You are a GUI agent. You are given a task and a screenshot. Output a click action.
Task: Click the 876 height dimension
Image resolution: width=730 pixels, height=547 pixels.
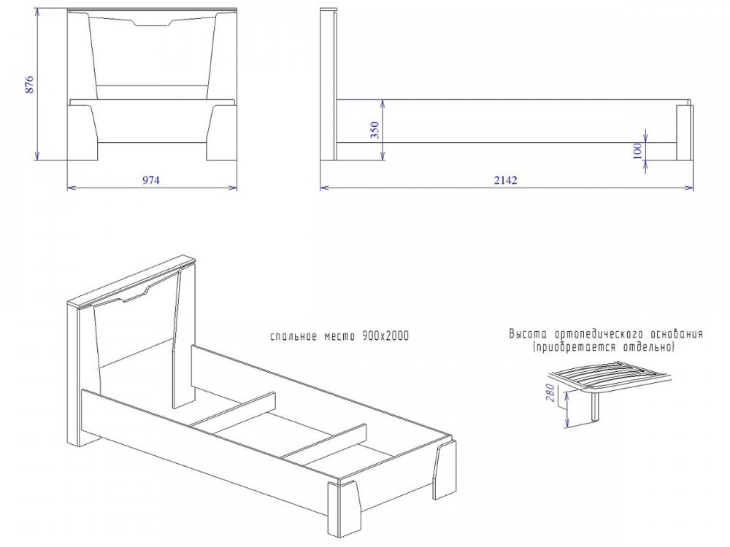point(29,84)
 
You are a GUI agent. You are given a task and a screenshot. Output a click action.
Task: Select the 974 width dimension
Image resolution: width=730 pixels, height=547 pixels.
point(151,180)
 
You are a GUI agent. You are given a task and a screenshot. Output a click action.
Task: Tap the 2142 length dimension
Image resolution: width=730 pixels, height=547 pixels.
point(506,180)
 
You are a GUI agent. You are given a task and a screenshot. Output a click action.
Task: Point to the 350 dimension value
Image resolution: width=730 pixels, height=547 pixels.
point(374,130)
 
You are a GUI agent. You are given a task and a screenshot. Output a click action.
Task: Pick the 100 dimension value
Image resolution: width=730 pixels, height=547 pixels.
point(637,151)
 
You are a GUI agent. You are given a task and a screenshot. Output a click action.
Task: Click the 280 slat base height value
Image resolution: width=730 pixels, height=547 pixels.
point(550,394)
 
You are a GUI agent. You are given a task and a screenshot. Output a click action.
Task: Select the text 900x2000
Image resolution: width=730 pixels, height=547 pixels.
point(385,335)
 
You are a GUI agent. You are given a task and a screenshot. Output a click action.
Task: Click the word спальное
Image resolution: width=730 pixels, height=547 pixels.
point(293,336)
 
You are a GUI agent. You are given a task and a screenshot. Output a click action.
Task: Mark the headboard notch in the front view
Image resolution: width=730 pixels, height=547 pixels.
point(153,22)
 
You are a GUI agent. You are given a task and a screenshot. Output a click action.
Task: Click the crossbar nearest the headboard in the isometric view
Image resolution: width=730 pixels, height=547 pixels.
point(234,414)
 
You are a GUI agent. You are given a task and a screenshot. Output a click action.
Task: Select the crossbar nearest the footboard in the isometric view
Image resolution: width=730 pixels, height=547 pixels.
point(325,444)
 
